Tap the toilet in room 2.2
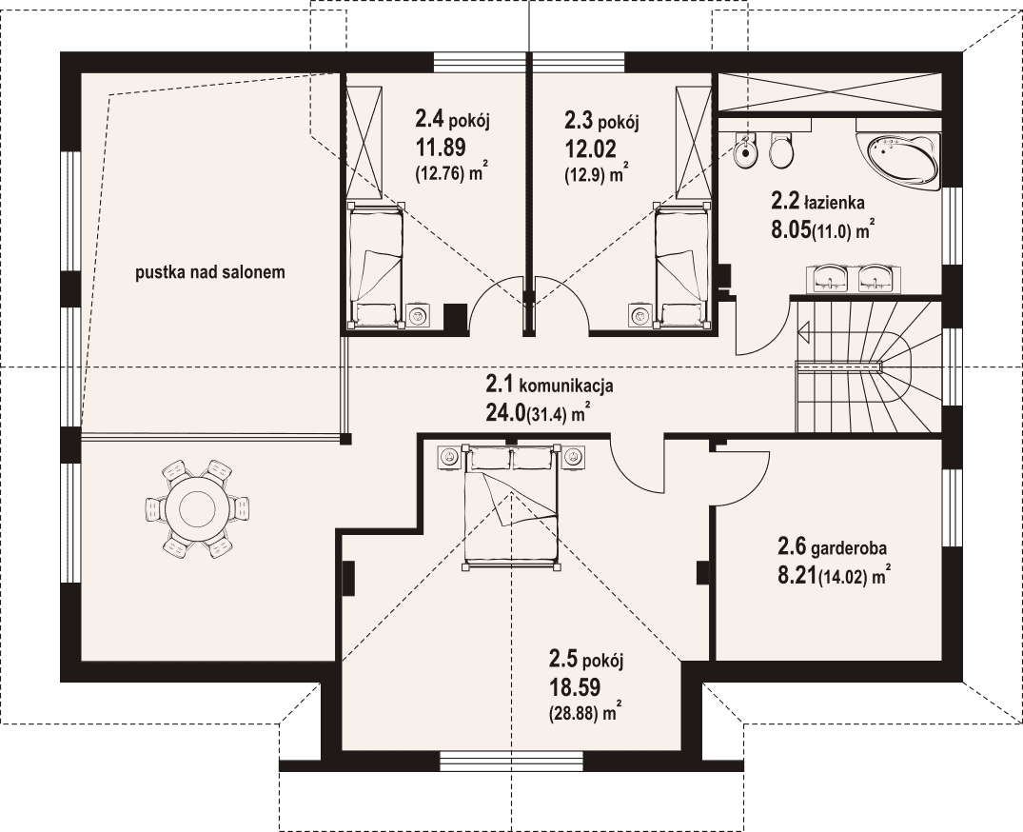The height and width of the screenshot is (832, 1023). pyautogui.click(x=780, y=149)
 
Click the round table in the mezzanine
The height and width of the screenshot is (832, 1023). pyautogui.click(x=198, y=508)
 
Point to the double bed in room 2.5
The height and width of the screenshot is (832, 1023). pyautogui.click(x=510, y=506)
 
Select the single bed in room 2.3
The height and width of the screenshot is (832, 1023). pyautogui.click(x=681, y=265)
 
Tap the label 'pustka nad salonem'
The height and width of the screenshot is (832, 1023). pyautogui.click(x=210, y=272)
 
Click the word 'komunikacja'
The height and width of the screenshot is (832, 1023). pyautogui.click(x=565, y=386)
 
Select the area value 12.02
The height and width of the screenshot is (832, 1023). pyautogui.click(x=590, y=149)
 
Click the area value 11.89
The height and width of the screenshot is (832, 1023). pyautogui.click(x=441, y=148)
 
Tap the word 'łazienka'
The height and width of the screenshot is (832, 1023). pyautogui.click(x=836, y=203)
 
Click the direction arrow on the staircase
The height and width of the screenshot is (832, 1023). pyautogui.click(x=804, y=332)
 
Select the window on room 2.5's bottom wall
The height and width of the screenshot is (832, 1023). pyautogui.click(x=511, y=761)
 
